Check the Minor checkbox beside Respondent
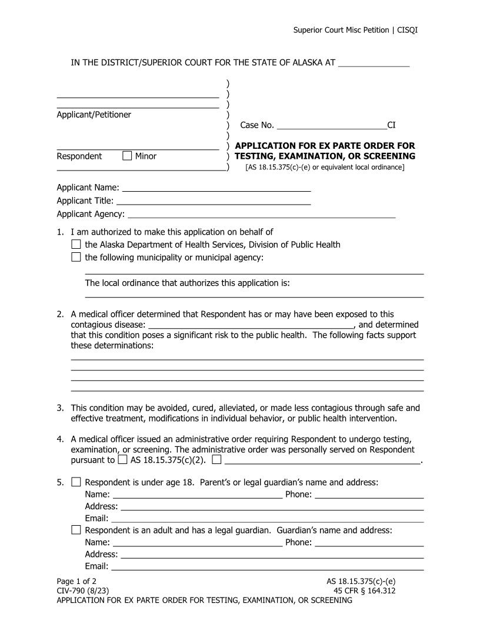coord(127,156)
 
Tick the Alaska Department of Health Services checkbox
coord(76,245)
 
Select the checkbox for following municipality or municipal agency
coord(76,257)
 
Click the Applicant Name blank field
coord(216,188)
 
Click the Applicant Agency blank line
coord(261,214)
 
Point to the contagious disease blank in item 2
coord(250,324)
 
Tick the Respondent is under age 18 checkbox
coord(76,482)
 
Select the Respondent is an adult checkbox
coord(76,530)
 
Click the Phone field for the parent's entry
coord(369,494)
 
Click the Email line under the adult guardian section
coord(267,566)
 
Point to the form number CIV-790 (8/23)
coord(82,590)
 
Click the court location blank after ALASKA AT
coord(374,63)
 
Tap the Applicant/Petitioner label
coord(94,115)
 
